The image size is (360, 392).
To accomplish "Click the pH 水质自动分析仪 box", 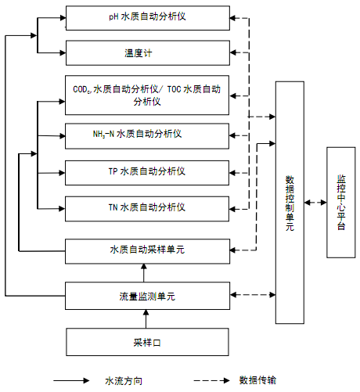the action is click(148, 18).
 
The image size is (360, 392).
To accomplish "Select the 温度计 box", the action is click(148, 53).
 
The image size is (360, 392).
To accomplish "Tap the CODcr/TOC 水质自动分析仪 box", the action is click(147, 95).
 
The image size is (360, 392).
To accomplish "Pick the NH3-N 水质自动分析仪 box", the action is click(147, 136).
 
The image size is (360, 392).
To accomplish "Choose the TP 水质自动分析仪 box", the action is click(147, 173).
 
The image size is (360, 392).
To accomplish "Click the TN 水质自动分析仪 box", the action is click(147, 209).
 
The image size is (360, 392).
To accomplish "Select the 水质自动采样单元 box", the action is click(147, 251).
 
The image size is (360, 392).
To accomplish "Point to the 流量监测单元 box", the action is click(147, 296).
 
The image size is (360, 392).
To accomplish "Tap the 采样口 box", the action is click(147, 342).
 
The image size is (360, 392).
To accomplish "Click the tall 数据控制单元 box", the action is click(290, 203).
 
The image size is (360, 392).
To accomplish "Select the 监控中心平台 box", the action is click(341, 203).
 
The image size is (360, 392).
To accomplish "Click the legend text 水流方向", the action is click(124, 381).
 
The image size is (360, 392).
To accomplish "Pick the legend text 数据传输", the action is click(257, 380).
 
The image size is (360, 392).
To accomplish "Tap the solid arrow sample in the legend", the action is click(71, 381).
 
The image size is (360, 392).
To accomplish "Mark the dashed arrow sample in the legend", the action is click(211, 381).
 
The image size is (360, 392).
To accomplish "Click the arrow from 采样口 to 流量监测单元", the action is click(146, 319).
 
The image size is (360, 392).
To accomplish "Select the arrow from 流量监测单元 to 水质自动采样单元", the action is click(144, 273).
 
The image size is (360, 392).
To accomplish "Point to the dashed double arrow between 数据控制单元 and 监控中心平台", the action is click(315, 203).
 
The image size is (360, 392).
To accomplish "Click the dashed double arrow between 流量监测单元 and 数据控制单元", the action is click(253, 295).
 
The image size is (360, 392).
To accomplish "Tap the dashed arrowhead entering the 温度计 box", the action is click(233, 52).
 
